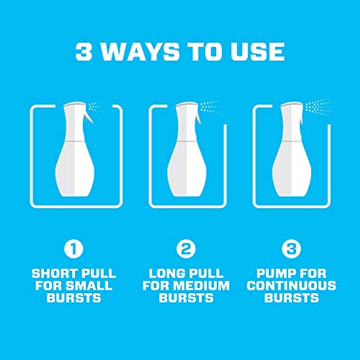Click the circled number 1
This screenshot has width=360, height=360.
pos(73,249)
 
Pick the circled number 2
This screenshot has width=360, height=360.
pos(186,249)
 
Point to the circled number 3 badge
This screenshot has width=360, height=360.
pos(291,249)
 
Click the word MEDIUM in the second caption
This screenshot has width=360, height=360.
pos(203,286)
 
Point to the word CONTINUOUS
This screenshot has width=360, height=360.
pos(291,286)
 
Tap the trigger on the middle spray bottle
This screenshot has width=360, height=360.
pos(198,117)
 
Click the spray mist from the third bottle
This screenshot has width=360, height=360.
pos(319,106)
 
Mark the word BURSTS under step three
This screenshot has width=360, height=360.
pos(291,298)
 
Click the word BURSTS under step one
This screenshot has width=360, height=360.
pos(74,298)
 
